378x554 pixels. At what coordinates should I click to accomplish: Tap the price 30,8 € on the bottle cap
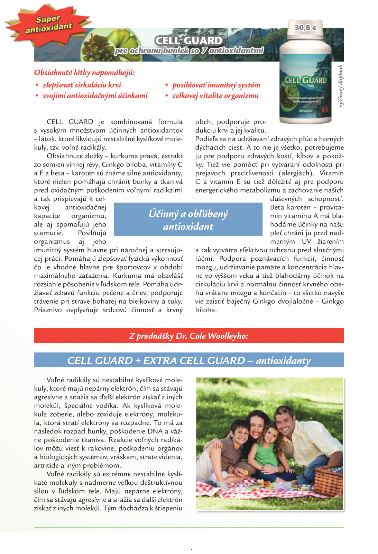click(x=305, y=27)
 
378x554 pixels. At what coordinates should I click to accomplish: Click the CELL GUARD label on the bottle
click(x=305, y=81)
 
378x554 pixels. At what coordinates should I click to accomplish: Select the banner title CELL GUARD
click(x=188, y=41)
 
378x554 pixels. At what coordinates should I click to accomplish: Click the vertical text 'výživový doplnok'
click(x=341, y=86)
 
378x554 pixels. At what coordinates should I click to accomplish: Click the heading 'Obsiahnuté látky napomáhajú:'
click(x=84, y=72)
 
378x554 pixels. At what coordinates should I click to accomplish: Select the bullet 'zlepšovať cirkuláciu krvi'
click(x=82, y=85)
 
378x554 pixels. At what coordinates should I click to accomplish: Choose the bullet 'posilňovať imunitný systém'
click(x=216, y=85)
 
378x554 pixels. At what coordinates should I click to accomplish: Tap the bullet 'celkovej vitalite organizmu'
click(x=215, y=96)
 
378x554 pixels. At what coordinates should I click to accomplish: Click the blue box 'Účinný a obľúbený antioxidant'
click(x=188, y=220)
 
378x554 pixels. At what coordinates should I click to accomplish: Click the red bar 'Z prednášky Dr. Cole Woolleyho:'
click(x=189, y=336)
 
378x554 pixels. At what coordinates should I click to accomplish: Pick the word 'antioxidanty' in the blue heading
click(x=283, y=360)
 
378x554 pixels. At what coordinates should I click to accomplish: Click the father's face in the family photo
click(x=287, y=422)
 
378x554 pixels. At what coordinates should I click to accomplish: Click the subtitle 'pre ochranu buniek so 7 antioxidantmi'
click(x=189, y=51)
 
